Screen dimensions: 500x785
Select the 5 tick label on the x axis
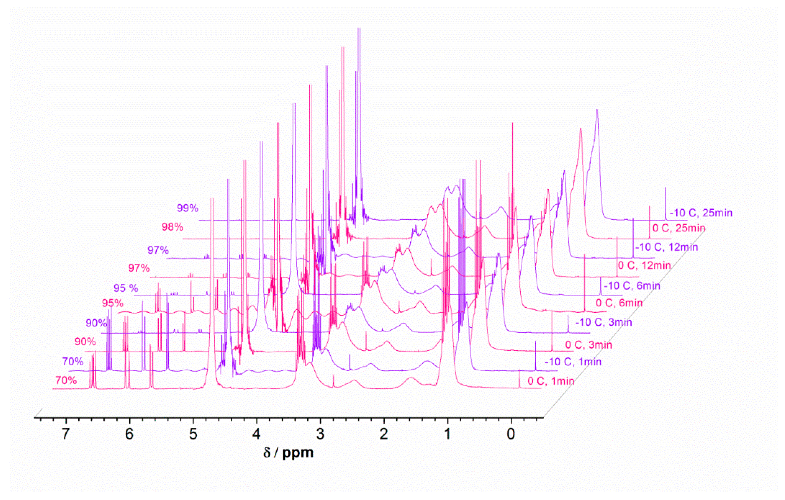pyautogui.click(x=193, y=434)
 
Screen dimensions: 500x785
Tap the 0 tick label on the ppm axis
pyautogui.click(x=511, y=434)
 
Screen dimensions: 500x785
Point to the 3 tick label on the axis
pyautogui.click(x=320, y=434)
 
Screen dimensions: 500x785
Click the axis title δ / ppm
pyautogui.click(x=288, y=453)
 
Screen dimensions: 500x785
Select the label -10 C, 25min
pyautogui.click(x=701, y=213)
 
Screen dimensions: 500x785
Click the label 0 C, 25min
pyautogui.click(x=679, y=228)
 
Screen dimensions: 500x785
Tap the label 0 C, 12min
pyautogui.click(x=644, y=266)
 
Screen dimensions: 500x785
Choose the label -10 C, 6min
pyautogui.click(x=632, y=286)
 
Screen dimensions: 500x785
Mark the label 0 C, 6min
pyautogui.click(x=619, y=303)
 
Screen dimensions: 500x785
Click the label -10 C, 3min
pyautogui.click(x=603, y=322)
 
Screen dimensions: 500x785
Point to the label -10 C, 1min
pyautogui.click(x=573, y=362)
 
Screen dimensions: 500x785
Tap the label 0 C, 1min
pyautogui.click(x=551, y=381)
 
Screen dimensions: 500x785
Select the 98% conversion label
pyautogui.click(x=172, y=227)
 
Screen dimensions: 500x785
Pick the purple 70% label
pyautogui.click(x=73, y=362)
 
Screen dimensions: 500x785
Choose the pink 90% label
pyautogui.click(x=85, y=342)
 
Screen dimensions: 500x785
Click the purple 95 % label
pyautogui.click(x=125, y=288)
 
